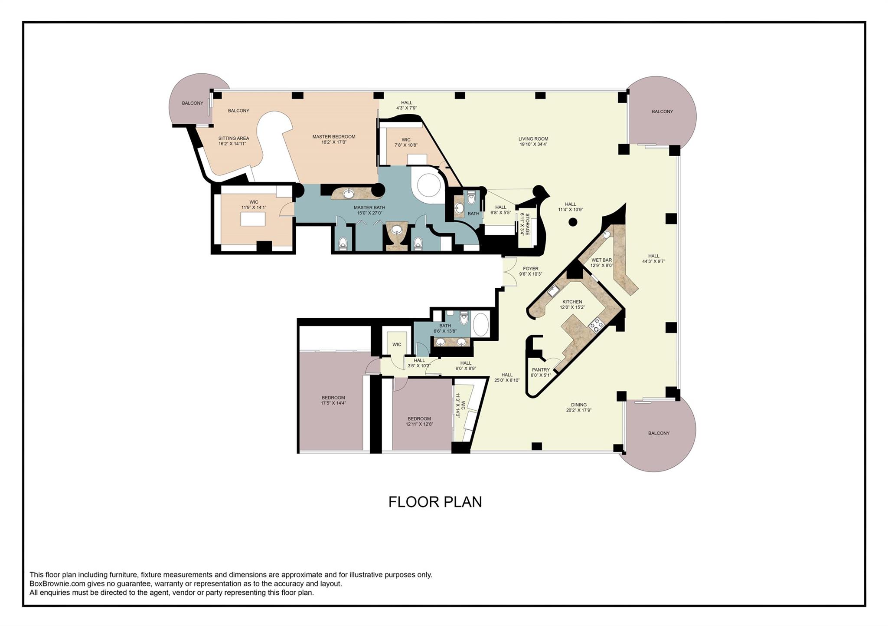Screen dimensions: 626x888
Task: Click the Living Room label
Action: (x=533, y=139)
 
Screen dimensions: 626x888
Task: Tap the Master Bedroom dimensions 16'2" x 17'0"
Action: (x=333, y=142)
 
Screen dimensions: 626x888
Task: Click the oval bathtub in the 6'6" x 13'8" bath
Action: (x=480, y=325)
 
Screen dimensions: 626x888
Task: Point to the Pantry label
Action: (x=541, y=370)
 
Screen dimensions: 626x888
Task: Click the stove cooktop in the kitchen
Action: (x=596, y=324)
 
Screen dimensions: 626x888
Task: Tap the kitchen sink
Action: (x=553, y=291)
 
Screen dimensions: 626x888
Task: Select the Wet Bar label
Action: (x=601, y=260)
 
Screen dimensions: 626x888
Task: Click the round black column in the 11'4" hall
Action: (x=573, y=222)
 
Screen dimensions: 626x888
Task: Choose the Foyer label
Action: (x=530, y=269)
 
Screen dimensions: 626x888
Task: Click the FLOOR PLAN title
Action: (x=435, y=502)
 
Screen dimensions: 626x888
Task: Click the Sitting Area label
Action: (x=233, y=138)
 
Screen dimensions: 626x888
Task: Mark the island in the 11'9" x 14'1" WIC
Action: (x=252, y=219)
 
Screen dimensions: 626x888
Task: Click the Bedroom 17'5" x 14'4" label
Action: (x=333, y=398)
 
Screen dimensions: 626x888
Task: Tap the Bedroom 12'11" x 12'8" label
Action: (x=419, y=419)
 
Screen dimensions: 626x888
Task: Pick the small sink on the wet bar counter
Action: (x=607, y=234)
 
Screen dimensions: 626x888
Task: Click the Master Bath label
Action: (x=369, y=208)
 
